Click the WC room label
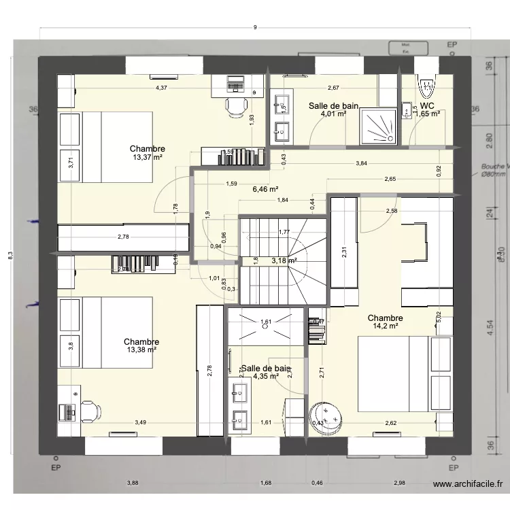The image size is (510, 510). [427, 106]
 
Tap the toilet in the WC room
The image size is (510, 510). [426, 86]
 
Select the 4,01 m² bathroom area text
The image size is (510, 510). [334, 114]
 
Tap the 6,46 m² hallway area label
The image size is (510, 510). [265, 190]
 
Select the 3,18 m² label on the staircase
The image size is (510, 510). [284, 260]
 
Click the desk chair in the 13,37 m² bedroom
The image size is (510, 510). [235, 106]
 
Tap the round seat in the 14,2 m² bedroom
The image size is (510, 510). [328, 416]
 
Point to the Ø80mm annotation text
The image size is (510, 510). [492, 174]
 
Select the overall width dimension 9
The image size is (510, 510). [254, 28]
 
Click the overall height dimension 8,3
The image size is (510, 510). [20, 255]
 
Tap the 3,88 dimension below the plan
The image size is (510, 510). [133, 483]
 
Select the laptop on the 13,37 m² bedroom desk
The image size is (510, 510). [235, 84]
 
